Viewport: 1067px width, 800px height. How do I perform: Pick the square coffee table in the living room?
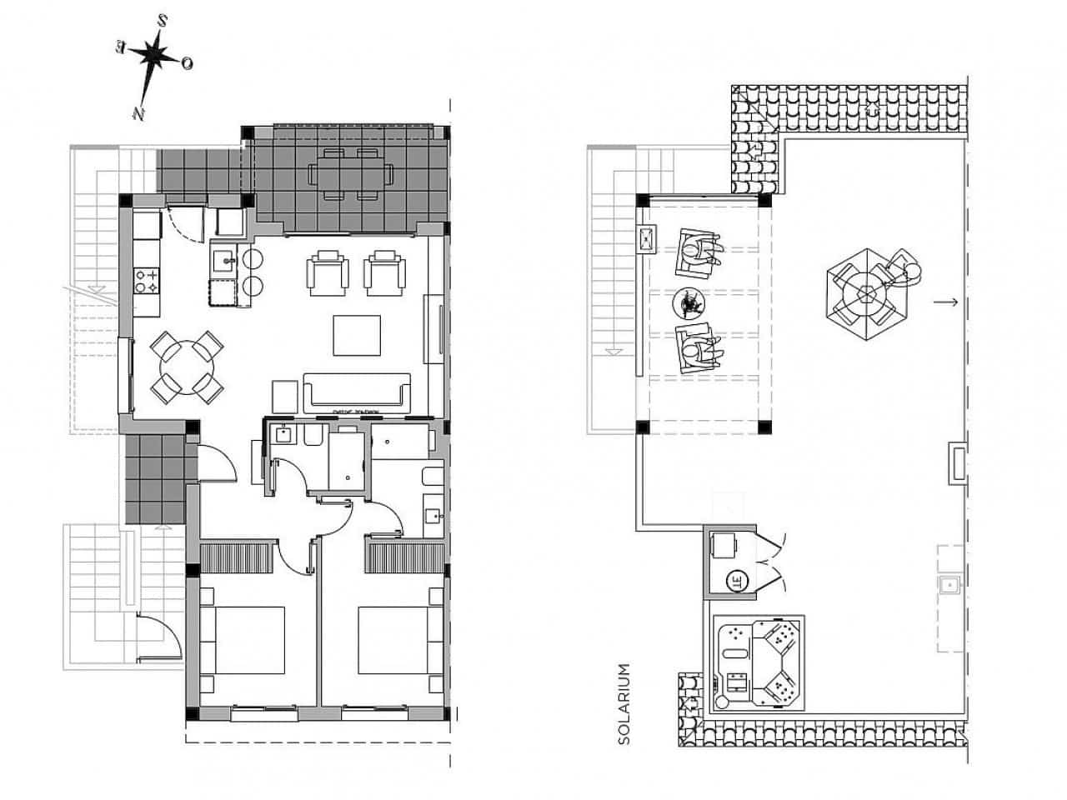(358, 335)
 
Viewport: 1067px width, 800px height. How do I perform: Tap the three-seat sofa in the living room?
(357, 393)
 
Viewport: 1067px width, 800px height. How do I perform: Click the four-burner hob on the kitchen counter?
(148, 282)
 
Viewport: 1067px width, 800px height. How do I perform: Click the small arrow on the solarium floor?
(945, 302)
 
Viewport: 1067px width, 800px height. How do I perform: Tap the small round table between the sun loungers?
(689, 303)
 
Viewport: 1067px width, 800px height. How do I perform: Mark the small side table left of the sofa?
(284, 396)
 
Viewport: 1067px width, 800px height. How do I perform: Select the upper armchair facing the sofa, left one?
(326, 273)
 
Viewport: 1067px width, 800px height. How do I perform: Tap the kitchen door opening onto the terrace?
(185, 223)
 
